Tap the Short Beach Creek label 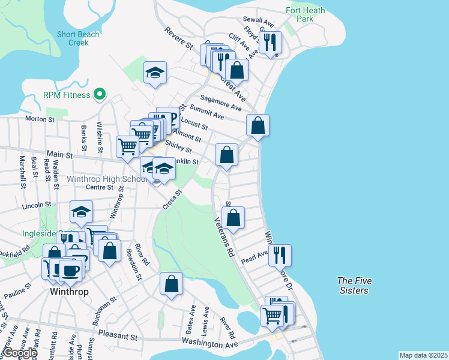(77, 38)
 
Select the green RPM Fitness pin (100, 95)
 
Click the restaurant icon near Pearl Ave (280, 254)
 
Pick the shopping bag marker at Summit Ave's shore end (258, 125)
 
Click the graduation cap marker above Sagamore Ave (155, 73)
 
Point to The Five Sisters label (352, 285)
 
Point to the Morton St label (40, 119)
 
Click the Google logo (19, 353)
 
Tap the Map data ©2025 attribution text (423, 355)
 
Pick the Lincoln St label (33, 205)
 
